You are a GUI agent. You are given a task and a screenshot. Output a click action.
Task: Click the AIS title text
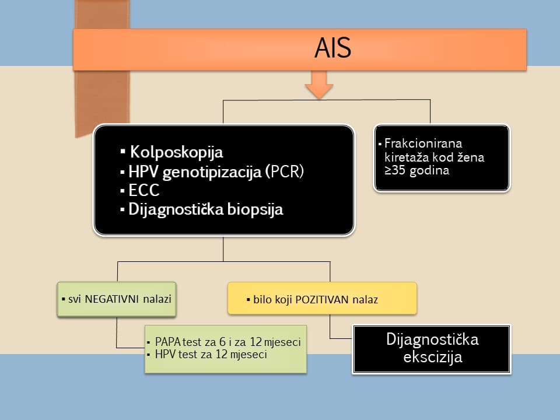[332, 49]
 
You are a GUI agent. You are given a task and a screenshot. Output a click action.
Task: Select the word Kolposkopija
[176, 153]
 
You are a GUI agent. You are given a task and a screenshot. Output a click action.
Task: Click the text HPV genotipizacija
[195, 172]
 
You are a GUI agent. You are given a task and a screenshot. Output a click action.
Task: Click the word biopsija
[254, 210]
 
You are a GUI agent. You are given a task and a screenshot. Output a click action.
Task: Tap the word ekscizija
[432, 356]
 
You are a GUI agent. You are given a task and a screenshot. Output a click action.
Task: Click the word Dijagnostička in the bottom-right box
[432, 339]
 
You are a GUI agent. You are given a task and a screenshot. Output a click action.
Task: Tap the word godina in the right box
[431, 171]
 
